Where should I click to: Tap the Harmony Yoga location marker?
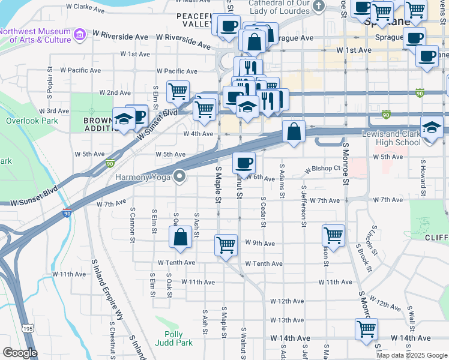pyautogui.click(x=179, y=176)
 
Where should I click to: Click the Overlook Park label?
pyautogui.click(x=23, y=120)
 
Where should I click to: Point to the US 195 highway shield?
pyautogui.click(x=28, y=329)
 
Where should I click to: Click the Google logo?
pyautogui.click(x=19, y=353)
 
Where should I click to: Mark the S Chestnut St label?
pyautogui.click(x=112, y=337)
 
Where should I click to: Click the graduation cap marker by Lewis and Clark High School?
pyautogui.click(x=432, y=128)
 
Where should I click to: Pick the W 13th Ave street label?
pyautogui.click(x=287, y=320)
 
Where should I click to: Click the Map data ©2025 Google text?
pyautogui.click(x=411, y=355)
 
